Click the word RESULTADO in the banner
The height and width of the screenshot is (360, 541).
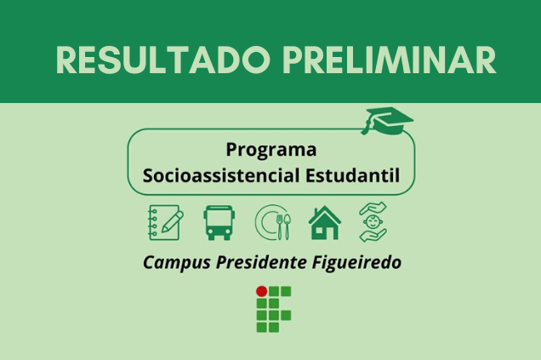pyautogui.click(x=162, y=60)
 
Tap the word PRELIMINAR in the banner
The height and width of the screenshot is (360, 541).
pyautogui.click(x=390, y=60)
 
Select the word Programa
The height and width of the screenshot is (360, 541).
pyautogui.click(x=271, y=150)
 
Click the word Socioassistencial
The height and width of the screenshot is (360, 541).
pyautogui.click(x=221, y=175)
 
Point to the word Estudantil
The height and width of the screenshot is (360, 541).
pyautogui.click(x=353, y=175)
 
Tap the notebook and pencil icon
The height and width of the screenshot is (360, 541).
pyautogui.click(x=166, y=223)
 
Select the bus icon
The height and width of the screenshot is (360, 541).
pyautogui.click(x=219, y=223)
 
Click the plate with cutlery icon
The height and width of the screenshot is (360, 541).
pyautogui.click(x=273, y=223)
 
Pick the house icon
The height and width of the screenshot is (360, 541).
pyautogui.click(x=325, y=223)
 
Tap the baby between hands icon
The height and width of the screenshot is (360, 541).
pyautogui.click(x=373, y=222)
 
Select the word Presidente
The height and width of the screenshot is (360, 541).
pyautogui.click(x=261, y=262)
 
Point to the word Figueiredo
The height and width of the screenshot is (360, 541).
pyautogui.click(x=356, y=263)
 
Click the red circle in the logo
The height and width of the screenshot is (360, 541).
pyautogui.click(x=261, y=291)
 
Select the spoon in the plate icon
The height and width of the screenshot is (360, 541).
pyautogui.click(x=287, y=226)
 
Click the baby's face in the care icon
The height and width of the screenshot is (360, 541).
pyautogui.click(x=373, y=221)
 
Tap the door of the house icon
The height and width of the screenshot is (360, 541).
pyautogui.click(x=325, y=233)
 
